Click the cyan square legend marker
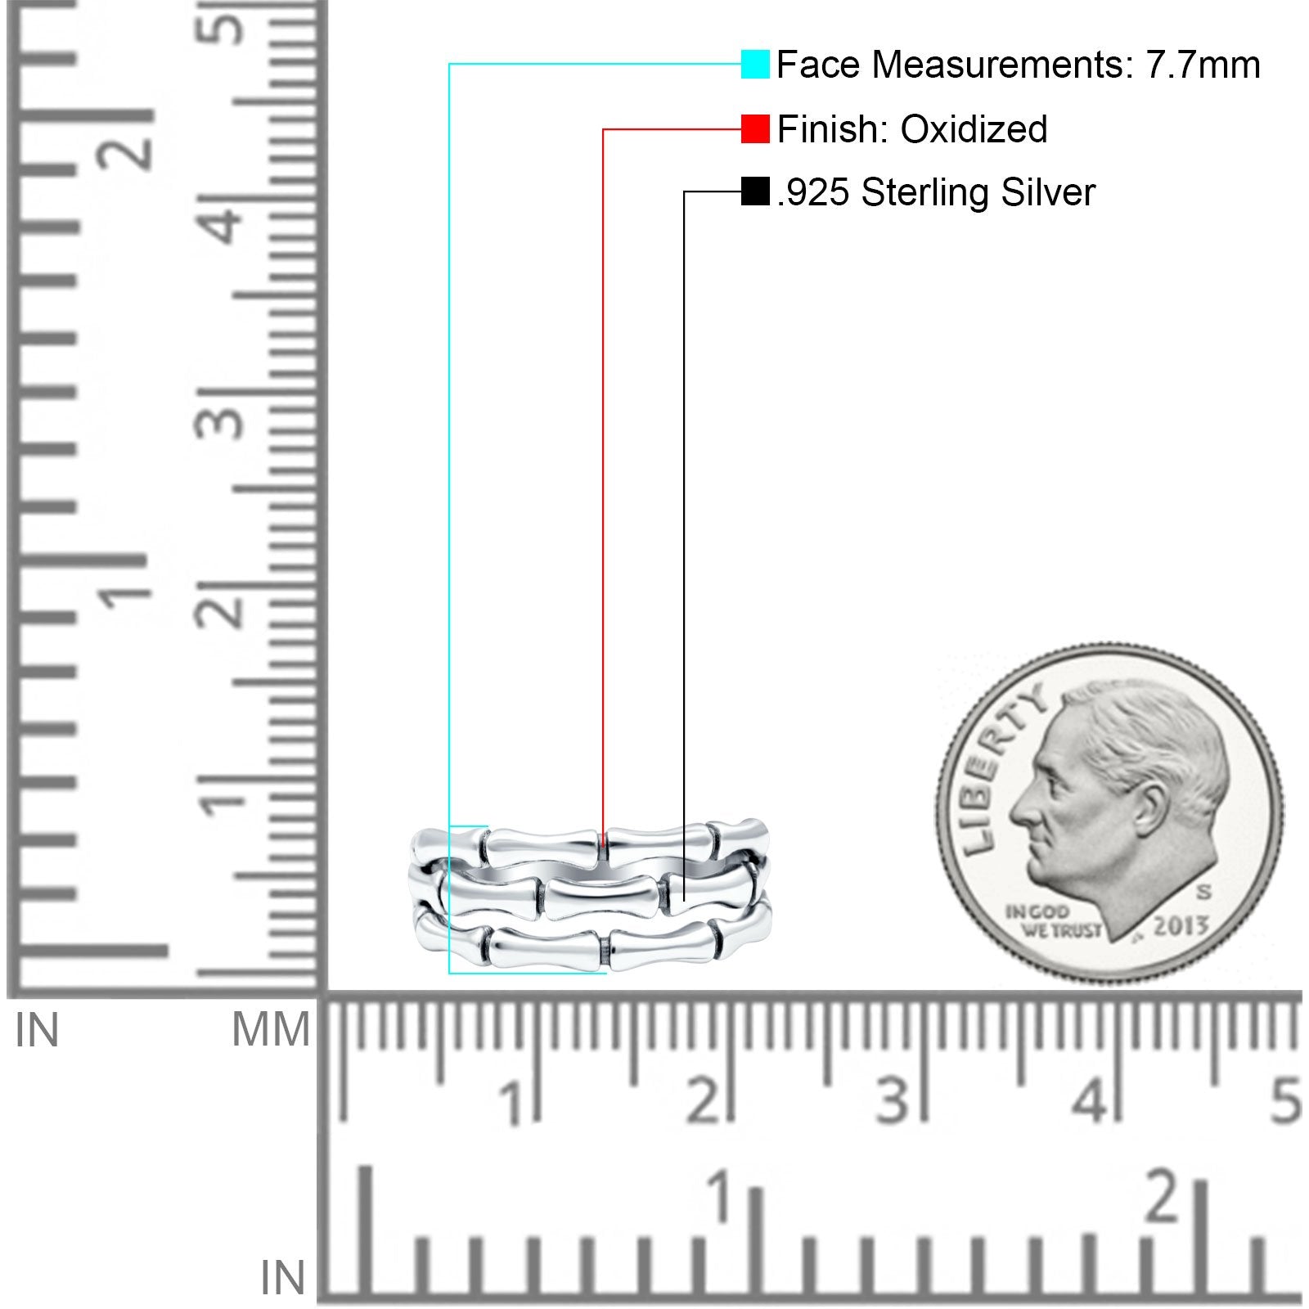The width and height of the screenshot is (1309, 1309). click(x=755, y=65)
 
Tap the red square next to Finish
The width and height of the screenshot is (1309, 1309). click(x=755, y=129)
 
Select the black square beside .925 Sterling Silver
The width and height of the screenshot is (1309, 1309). click(x=755, y=192)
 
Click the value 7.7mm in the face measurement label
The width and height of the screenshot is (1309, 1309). click(x=1203, y=65)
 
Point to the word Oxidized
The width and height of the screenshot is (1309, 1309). click(x=974, y=129)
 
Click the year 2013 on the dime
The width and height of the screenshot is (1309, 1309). click(x=1181, y=925)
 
